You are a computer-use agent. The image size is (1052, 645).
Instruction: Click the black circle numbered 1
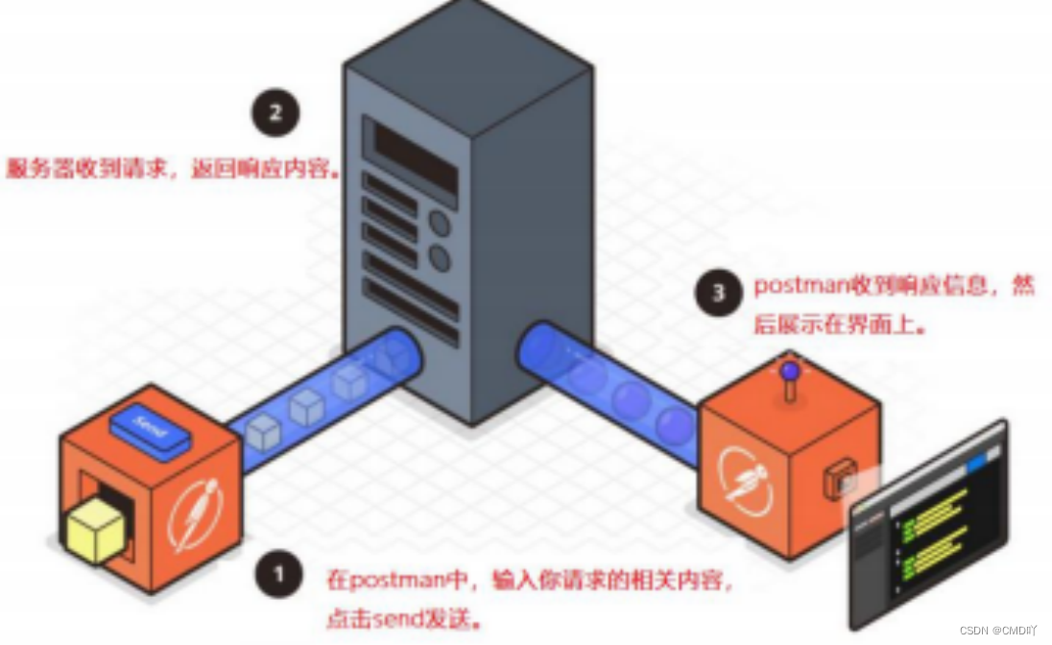279,575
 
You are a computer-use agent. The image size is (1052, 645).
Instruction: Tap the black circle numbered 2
275,113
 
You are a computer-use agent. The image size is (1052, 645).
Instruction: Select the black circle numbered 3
719,292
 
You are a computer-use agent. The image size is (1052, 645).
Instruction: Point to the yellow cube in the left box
96,530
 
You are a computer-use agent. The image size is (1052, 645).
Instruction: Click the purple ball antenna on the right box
789,370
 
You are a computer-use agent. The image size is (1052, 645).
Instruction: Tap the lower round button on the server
439,257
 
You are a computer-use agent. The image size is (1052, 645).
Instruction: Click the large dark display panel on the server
415,159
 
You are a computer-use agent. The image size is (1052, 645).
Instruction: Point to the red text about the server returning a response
174,170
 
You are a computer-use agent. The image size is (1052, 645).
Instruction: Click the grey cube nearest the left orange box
261,435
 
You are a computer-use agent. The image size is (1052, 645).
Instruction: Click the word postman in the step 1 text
384,581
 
